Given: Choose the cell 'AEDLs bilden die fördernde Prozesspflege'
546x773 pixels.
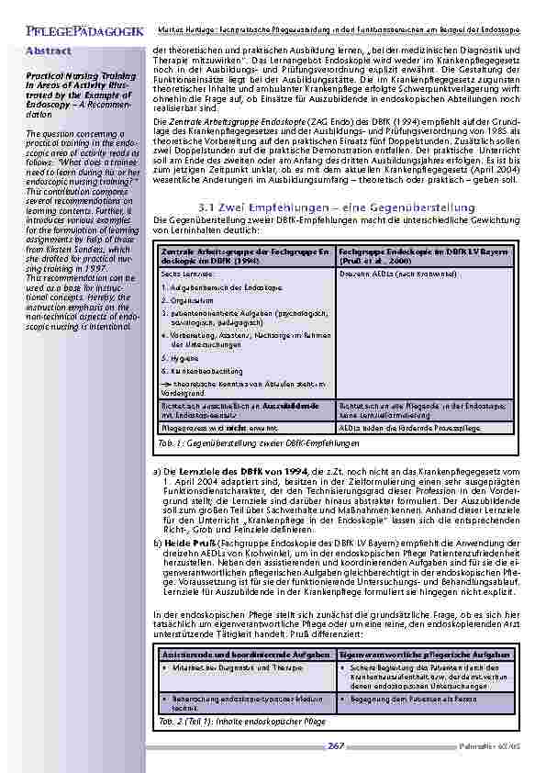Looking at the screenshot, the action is (x=399, y=427).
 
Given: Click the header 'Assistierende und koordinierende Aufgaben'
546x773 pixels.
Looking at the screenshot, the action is (x=232, y=654).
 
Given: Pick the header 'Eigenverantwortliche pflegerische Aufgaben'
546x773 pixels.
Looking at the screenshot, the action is (x=426, y=654).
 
